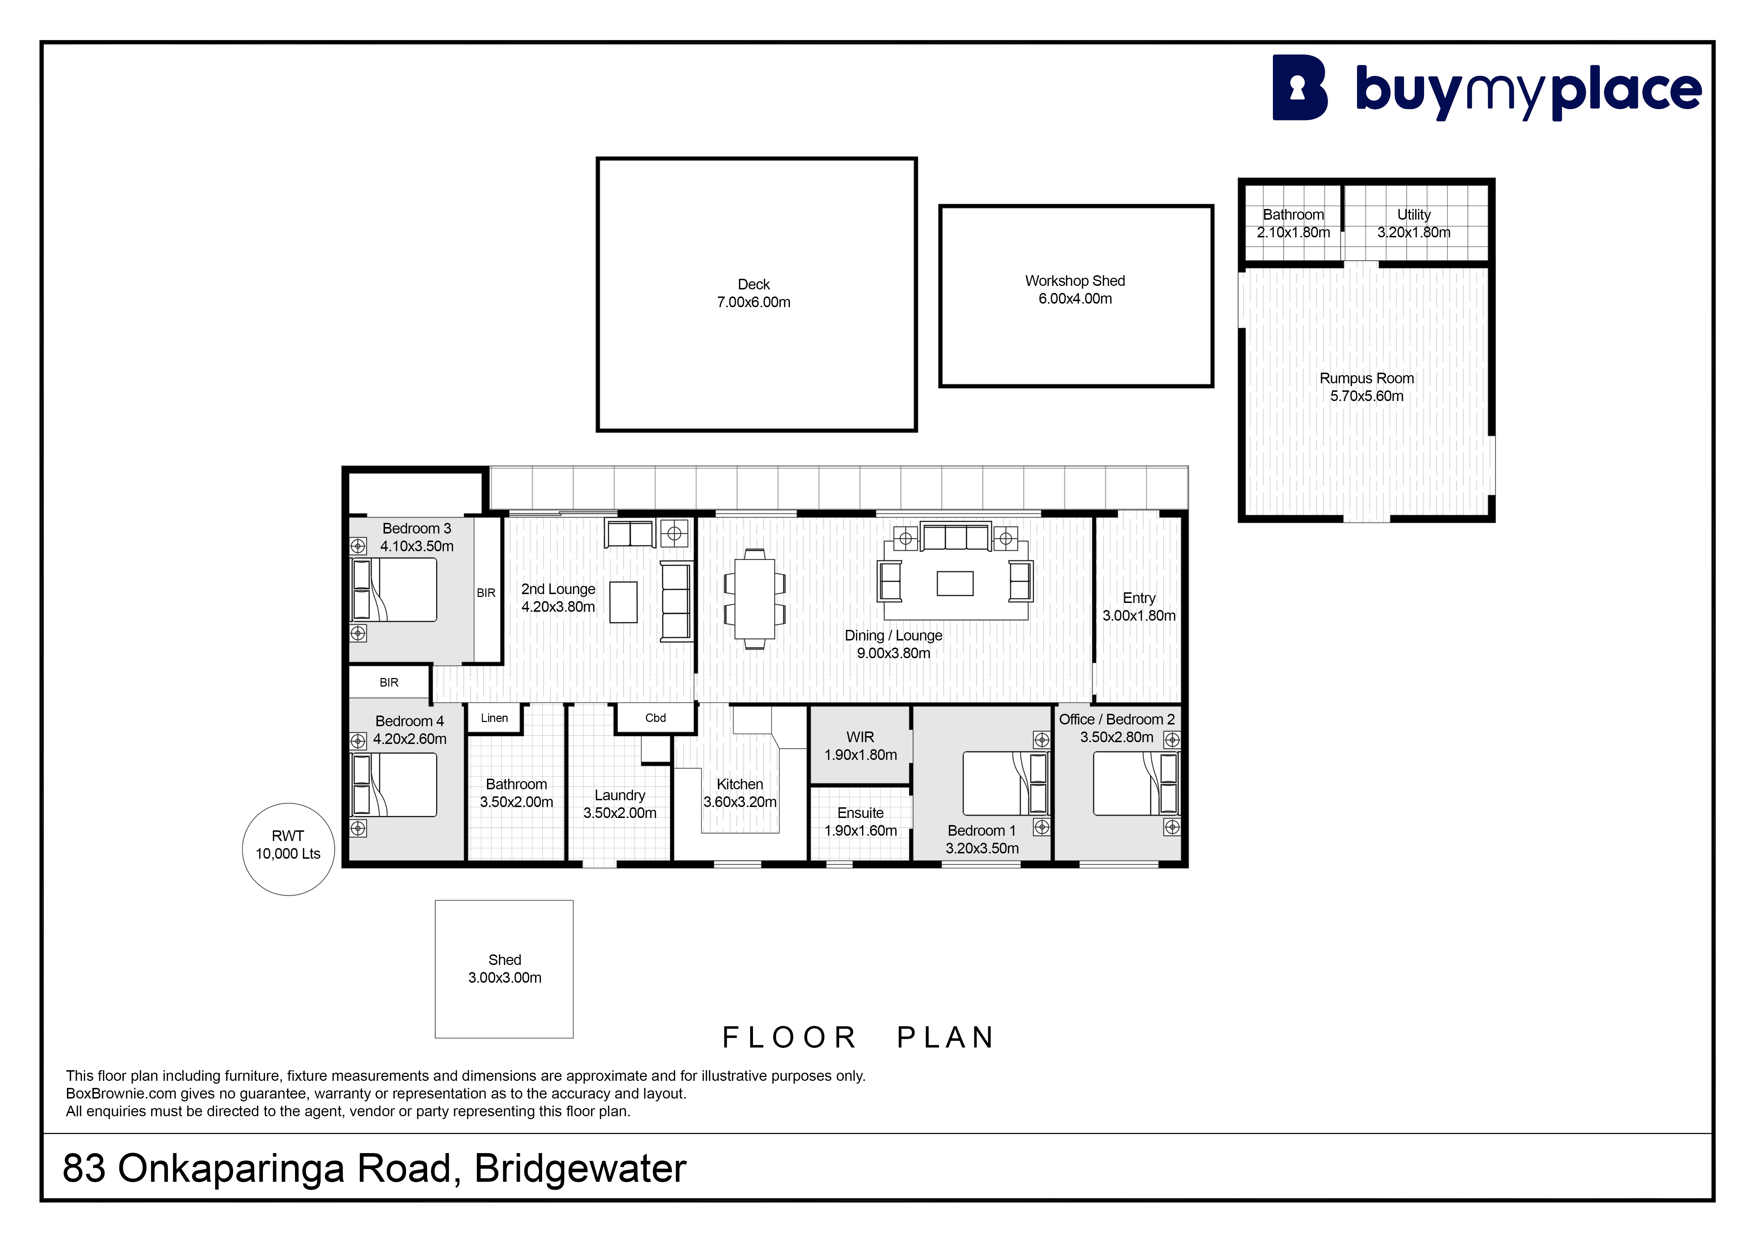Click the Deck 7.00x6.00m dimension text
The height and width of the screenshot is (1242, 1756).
coord(753,302)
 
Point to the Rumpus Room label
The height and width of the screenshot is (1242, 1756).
coord(1367,378)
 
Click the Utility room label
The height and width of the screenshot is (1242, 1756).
coord(1414,215)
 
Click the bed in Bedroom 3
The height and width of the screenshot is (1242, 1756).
coord(393,589)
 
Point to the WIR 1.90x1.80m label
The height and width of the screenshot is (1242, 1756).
coord(860,746)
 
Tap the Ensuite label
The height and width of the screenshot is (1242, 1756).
coord(860,813)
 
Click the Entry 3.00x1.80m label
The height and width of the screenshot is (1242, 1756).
coord(1139,606)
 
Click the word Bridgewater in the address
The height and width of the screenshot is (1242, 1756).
coord(580,1168)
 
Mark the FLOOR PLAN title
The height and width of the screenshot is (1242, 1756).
coord(858,1037)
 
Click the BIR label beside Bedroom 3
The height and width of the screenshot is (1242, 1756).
coord(486,593)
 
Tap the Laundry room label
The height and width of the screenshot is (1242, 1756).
coord(619,795)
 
